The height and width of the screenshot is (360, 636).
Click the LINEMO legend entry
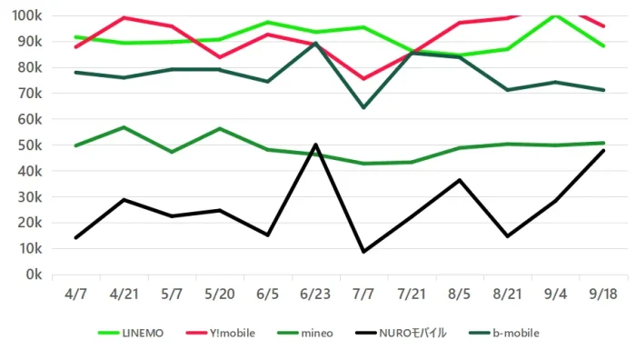click(131, 334)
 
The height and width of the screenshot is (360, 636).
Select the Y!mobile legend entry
click(220, 334)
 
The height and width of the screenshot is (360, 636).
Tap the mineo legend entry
click(305, 334)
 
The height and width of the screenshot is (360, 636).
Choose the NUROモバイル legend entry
click(401, 334)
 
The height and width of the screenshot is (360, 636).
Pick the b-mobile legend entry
click(504, 334)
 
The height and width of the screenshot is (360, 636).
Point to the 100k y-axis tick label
click(27, 15)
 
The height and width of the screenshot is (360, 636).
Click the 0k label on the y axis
click(34, 275)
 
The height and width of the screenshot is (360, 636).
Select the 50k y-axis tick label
click(30, 145)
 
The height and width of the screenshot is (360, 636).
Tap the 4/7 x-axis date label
click(75, 294)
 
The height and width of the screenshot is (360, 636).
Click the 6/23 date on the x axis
click(315, 294)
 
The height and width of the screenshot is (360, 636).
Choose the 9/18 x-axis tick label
click(603, 294)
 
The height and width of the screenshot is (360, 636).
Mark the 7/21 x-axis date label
click(412, 294)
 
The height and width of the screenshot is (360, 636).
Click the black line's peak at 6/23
click(315, 145)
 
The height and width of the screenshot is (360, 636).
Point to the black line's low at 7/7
click(363, 252)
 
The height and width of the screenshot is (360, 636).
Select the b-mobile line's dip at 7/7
click(363, 107)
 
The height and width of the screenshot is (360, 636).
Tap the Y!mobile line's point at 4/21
click(124, 17)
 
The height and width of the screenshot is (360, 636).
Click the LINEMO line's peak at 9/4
click(555, 15)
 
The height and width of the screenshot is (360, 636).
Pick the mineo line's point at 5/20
click(220, 129)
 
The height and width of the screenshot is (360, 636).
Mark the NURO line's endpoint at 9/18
click(603, 151)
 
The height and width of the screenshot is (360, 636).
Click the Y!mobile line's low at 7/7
click(363, 79)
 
